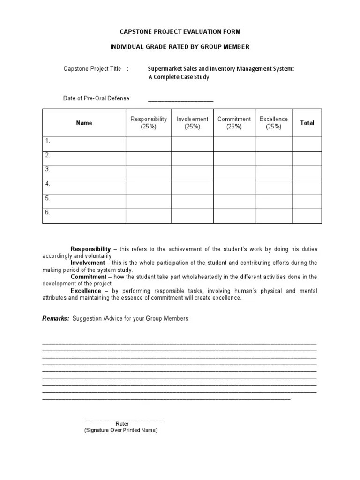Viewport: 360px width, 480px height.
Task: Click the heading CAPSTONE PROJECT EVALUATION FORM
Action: coord(180,31)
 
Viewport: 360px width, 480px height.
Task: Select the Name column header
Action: coord(84,123)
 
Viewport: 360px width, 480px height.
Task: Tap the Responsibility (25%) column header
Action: coord(148,123)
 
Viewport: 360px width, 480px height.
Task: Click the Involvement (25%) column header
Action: coord(192,123)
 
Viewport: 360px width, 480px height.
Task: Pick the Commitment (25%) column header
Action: coord(234,123)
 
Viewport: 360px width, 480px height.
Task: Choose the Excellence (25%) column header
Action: coord(274,123)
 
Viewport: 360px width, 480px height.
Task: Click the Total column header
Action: coord(307,123)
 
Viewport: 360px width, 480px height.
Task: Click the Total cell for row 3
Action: coord(307,173)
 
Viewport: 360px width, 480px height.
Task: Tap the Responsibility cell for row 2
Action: coord(148,158)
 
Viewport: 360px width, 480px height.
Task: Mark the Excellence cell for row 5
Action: coord(274,202)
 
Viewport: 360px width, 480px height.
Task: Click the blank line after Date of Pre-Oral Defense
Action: coord(180,99)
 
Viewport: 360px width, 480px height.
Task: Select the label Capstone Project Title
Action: coord(92,69)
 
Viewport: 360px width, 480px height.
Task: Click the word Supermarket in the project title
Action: coord(165,69)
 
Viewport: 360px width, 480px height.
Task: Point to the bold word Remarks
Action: coord(55,318)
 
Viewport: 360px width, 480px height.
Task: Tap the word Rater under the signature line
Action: coord(122,424)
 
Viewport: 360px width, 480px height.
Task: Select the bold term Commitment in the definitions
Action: coord(89,277)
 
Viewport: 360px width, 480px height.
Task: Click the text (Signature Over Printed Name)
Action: coord(121,430)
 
